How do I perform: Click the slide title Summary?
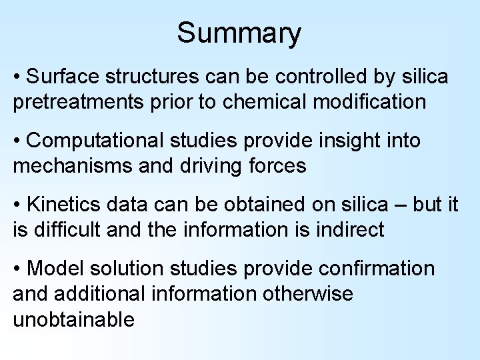pyautogui.click(x=239, y=33)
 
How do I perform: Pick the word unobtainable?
pyautogui.click(x=73, y=319)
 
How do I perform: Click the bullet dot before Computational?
pyautogui.click(x=17, y=141)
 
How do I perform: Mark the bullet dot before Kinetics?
pyautogui.click(x=17, y=205)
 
